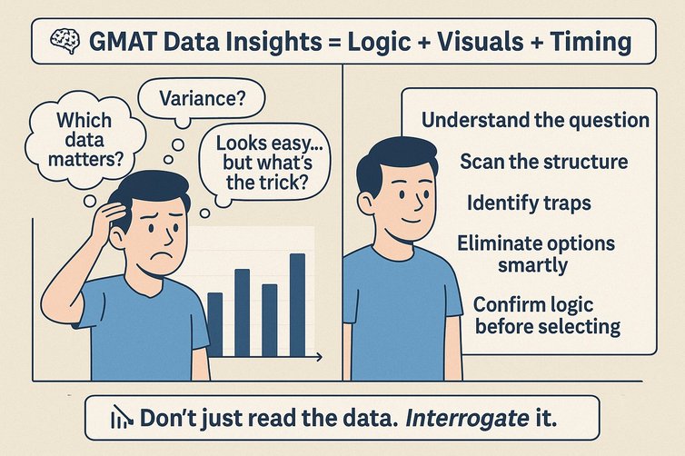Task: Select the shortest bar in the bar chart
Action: [x=214, y=324]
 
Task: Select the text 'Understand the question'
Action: [x=536, y=120]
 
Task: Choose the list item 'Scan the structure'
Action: [x=543, y=162]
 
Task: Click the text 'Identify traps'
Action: [x=529, y=202]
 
